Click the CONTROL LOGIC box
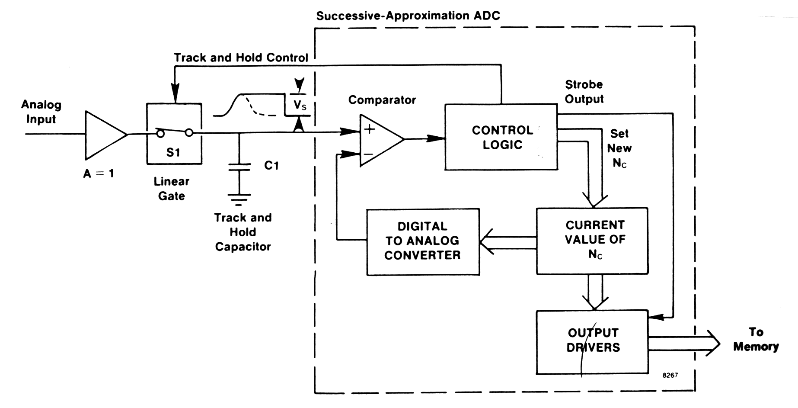click(x=501, y=137)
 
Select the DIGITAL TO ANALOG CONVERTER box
click(x=423, y=241)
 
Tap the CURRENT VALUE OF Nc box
click(x=592, y=241)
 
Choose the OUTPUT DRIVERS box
click(x=592, y=341)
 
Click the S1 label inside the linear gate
click(x=173, y=153)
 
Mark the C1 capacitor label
click(x=271, y=166)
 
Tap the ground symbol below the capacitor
click(x=239, y=199)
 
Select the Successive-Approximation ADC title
click(x=408, y=16)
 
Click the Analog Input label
click(x=41, y=112)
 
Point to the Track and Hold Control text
click(x=241, y=58)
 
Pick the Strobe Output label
click(x=584, y=92)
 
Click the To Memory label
click(x=756, y=339)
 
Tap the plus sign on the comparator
click(x=370, y=129)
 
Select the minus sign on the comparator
click(x=368, y=154)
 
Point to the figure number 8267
click(x=670, y=375)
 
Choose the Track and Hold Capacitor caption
click(x=243, y=232)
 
